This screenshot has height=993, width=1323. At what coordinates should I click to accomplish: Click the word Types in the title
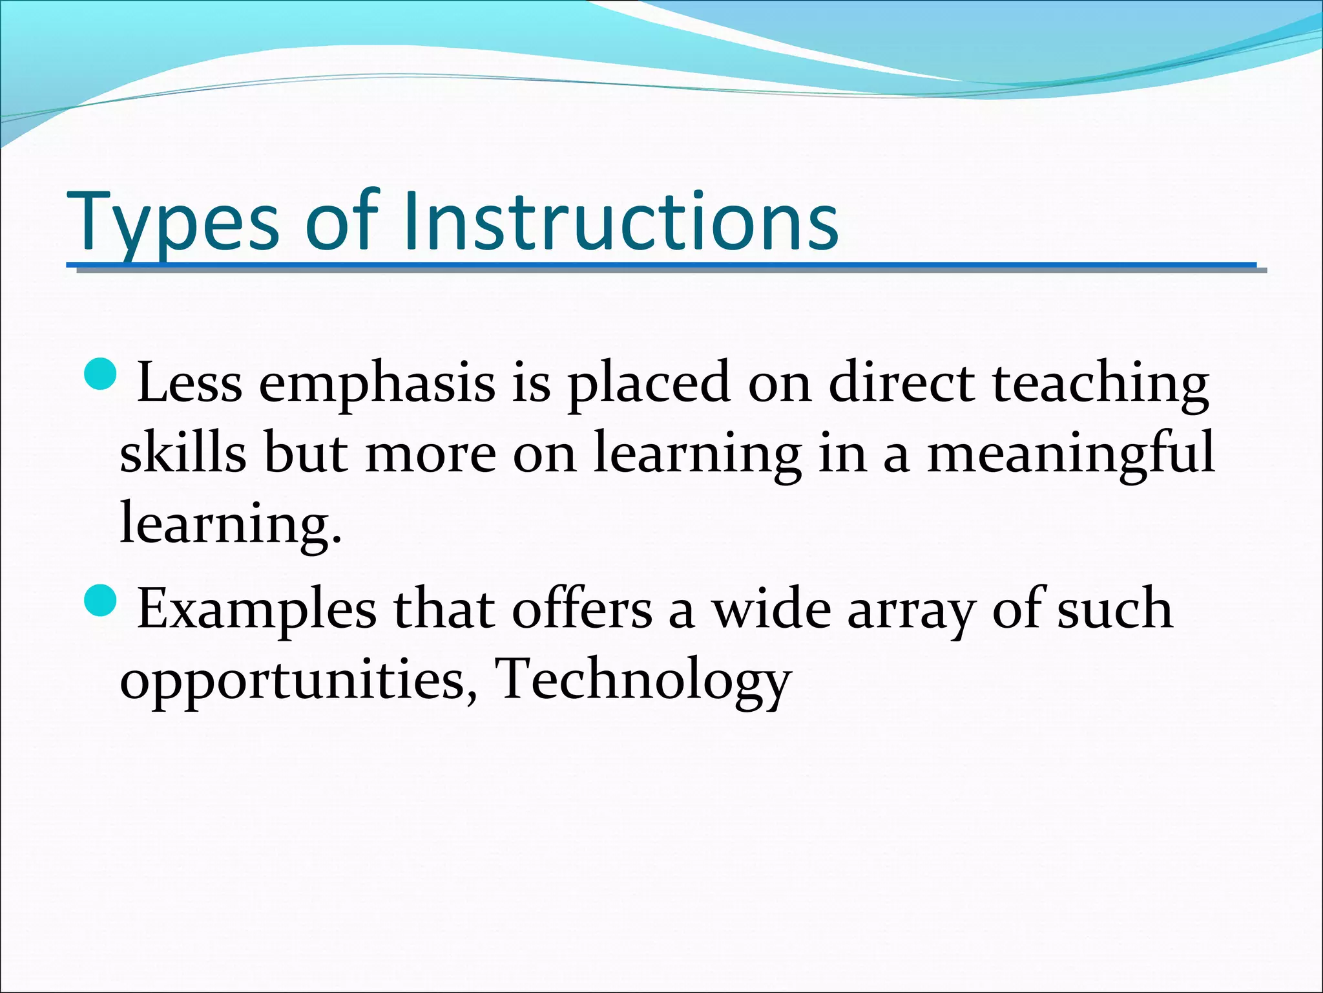coord(173,223)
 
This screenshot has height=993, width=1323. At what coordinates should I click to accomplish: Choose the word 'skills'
coord(183,453)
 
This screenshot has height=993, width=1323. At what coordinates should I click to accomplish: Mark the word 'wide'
coord(771,610)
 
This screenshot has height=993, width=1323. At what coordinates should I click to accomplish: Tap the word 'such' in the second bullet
coord(1114,610)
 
